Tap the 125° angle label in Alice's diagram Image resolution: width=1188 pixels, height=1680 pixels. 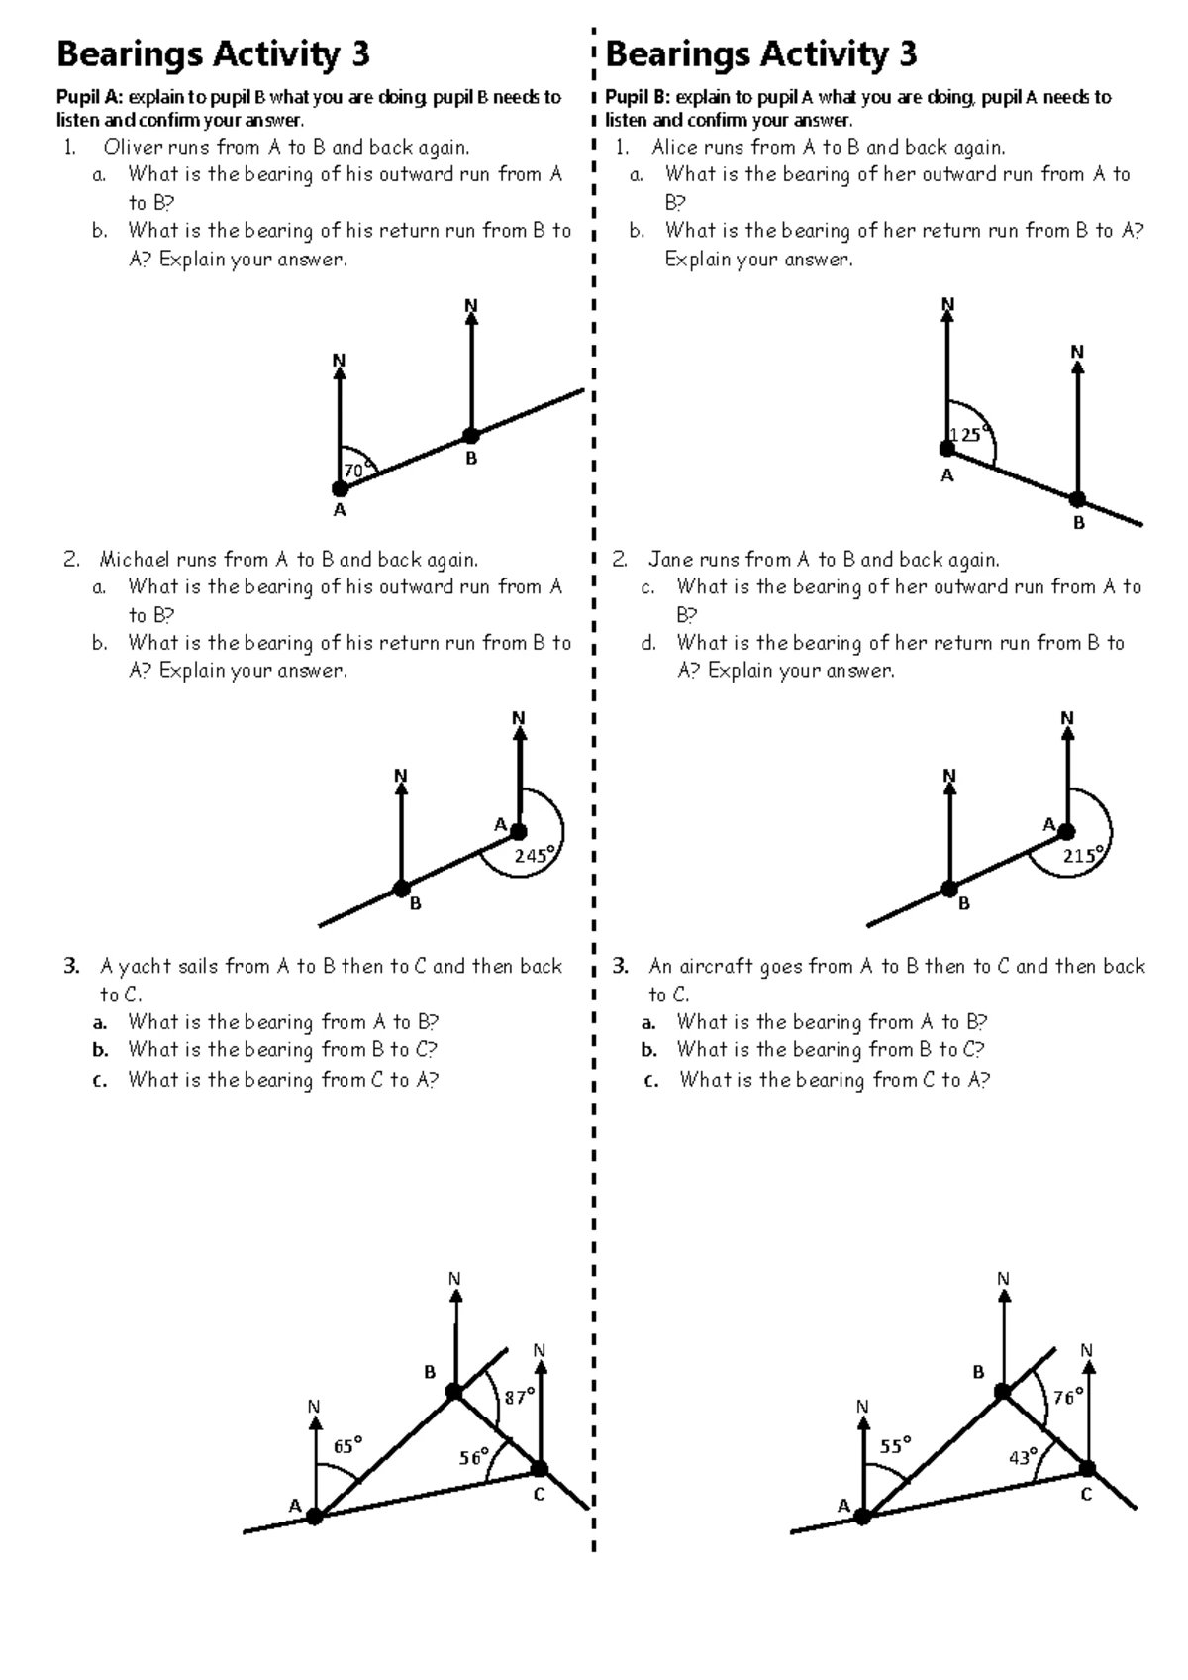[x=967, y=435]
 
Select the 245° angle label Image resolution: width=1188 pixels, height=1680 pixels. [x=536, y=855]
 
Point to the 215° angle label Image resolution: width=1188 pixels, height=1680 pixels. [x=1084, y=855]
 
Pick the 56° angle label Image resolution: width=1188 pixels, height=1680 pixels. [x=474, y=1457]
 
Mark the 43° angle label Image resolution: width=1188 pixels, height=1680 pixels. [x=1024, y=1457]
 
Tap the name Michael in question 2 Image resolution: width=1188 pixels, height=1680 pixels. [x=135, y=560]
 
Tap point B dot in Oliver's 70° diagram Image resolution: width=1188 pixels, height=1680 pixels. [x=471, y=435]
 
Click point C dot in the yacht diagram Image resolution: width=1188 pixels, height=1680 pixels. [x=540, y=1468]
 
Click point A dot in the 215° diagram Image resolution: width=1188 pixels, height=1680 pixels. [x=1066, y=832]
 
